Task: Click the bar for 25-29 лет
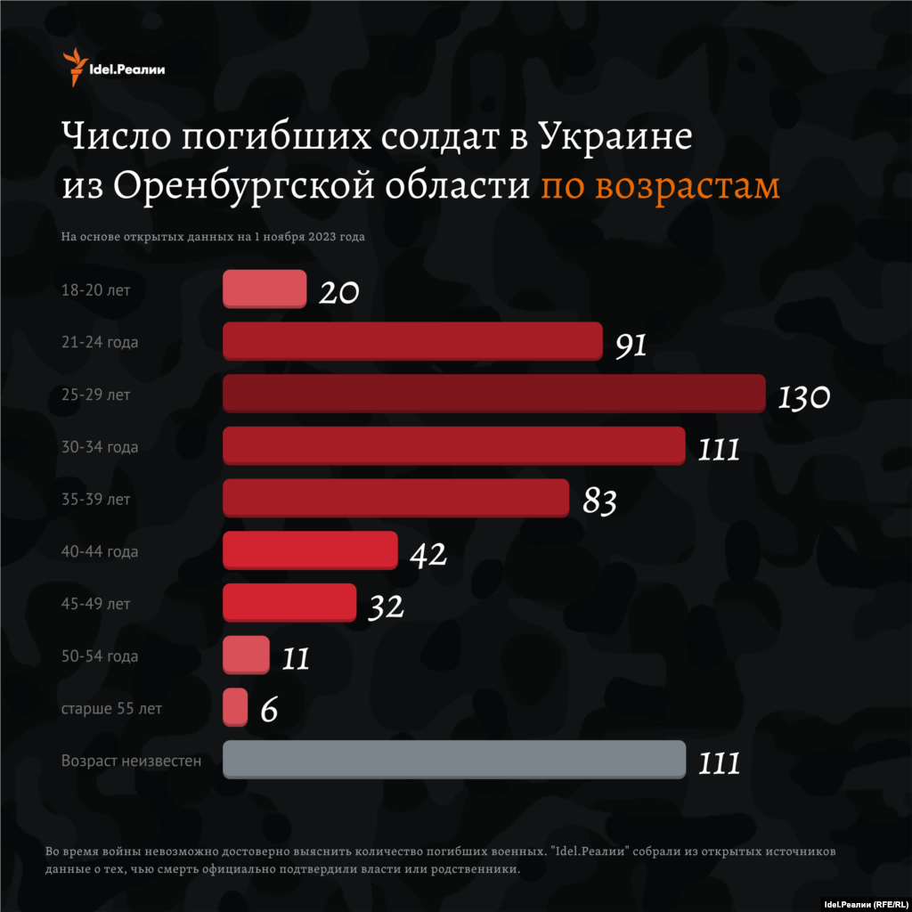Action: [493, 393]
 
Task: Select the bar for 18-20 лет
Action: [265, 289]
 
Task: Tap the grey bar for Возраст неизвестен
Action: [453, 760]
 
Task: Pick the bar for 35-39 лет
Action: [395, 498]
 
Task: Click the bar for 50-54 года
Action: [246, 655]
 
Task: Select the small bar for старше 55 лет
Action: [235, 707]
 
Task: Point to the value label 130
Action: [803, 397]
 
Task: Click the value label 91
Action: [631, 346]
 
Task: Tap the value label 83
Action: [599, 502]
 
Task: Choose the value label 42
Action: [427, 555]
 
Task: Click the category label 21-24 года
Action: [99, 342]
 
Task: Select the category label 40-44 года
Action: [99, 552]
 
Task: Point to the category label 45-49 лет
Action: [95, 605]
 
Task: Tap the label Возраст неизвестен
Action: [131, 761]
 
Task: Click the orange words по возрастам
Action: [660, 187]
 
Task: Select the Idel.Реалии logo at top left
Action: [113, 66]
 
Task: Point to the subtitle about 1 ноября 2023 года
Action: [213, 237]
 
